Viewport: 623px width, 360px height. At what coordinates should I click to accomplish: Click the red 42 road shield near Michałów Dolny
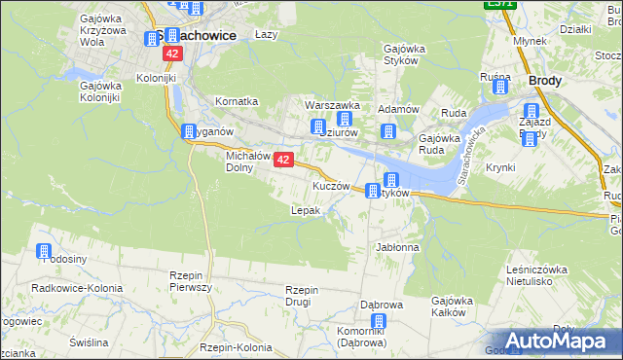pyautogui.click(x=283, y=160)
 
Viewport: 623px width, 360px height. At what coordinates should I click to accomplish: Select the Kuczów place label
pyautogui.click(x=330, y=185)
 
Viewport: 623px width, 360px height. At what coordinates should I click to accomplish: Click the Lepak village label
pyautogui.click(x=306, y=210)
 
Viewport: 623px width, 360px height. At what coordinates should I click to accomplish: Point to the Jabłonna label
pyautogui.click(x=397, y=248)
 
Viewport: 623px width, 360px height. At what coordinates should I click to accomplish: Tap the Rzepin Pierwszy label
pyautogui.click(x=191, y=281)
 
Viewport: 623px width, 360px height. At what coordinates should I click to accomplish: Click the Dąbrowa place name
pyautogui.click(x=382, y=305)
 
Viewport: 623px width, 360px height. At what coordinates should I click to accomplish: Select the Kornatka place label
pyautogui.click(x=237, y=101)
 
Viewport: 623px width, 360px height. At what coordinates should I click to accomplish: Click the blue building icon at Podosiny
pyautogui.click(x=44, y=252)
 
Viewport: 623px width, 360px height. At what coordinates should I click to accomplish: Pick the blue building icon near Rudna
pyautogui.click(x=501, y=88)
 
